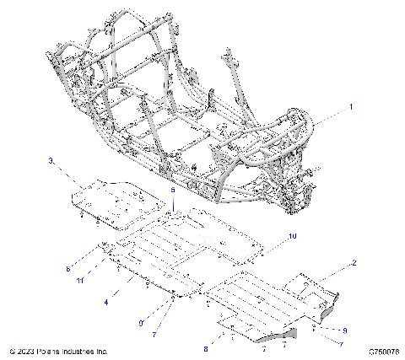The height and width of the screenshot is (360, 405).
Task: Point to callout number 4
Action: point(106,301)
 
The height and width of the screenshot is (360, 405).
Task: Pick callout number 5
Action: point(174,191)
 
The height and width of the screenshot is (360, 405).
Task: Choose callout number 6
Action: point(90,268)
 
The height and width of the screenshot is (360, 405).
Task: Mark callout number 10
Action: point(292,238)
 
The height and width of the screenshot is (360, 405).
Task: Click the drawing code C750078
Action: point(384,350)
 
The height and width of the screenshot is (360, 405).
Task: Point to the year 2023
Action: point(27,350)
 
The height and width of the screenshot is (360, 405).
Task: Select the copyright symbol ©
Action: point(12,350)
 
